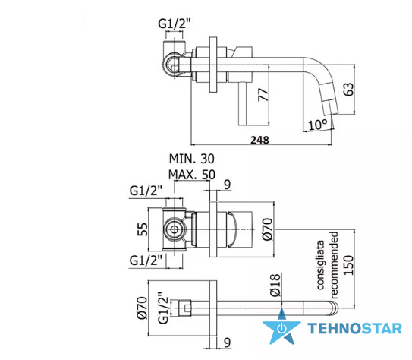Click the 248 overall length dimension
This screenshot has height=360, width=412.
259,140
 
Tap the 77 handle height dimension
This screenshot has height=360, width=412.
263,95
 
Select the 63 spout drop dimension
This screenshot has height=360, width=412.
348,89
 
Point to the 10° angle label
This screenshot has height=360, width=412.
318,125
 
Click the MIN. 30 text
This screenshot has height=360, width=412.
191,159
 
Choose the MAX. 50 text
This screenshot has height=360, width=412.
192,175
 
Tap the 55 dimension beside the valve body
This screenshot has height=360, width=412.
143,229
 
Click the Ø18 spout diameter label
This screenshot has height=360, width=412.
275,285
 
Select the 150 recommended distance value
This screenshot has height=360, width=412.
349,265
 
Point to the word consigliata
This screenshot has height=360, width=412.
320,265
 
